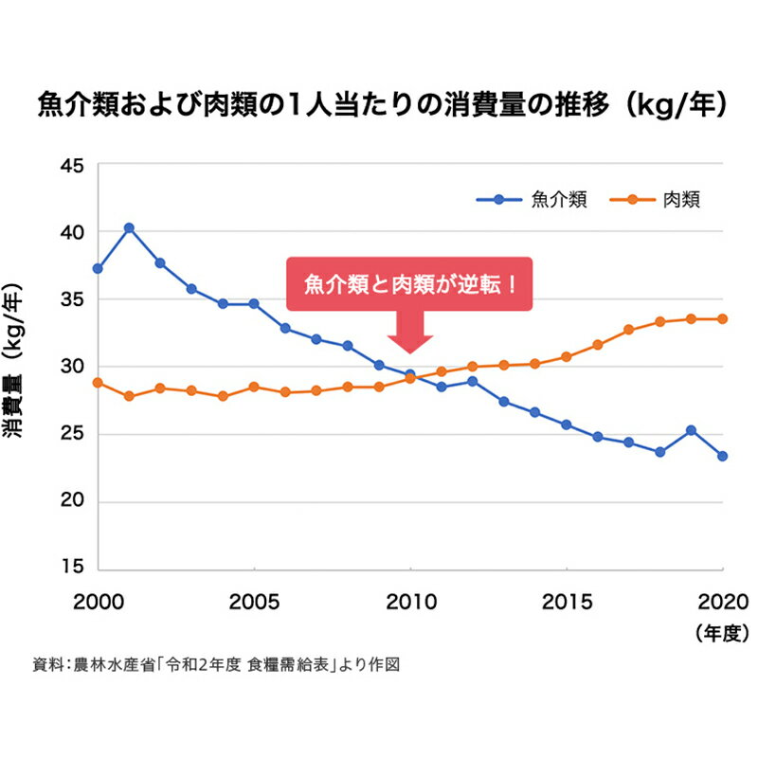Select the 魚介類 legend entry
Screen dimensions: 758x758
point(531,200)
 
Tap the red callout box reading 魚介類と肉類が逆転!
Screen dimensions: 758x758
point(410,283)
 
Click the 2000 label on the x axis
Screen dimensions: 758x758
point(97,602)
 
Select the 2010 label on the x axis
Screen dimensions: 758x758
point(409,602)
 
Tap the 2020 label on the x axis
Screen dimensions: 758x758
point(722,602)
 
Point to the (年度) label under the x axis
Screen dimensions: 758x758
point(722,630)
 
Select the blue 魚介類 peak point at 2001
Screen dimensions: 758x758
point(129,227)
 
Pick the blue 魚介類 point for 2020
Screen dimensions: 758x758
point(723,456)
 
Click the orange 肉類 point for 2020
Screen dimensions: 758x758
point(723,319)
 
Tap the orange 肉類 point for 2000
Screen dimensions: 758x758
point(98,383)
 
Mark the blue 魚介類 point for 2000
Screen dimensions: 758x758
point(98,269)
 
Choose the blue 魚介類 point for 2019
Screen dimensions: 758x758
point(692,430)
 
